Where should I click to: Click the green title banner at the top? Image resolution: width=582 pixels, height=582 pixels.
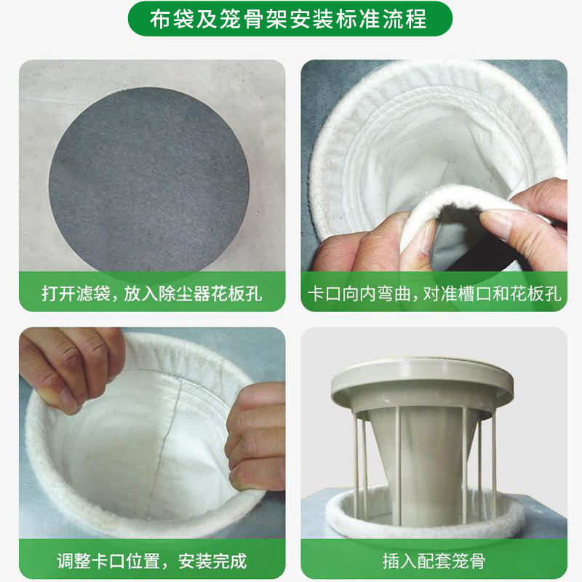point(290,19)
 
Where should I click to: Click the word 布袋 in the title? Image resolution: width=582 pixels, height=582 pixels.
point(172,19)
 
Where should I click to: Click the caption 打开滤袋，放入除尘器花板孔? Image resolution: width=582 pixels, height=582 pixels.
point(152,294)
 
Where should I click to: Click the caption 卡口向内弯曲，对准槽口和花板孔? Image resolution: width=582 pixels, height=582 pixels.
point(434,294)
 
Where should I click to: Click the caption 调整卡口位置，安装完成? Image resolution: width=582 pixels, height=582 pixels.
point(152,561)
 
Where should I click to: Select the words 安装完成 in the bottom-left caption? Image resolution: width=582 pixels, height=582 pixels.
point(212,561)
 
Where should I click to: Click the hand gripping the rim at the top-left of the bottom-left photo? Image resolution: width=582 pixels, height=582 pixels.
point(71,366)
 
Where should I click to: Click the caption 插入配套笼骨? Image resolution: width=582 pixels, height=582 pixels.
point(434,561)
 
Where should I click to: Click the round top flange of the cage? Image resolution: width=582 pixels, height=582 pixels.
point(422,383)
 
